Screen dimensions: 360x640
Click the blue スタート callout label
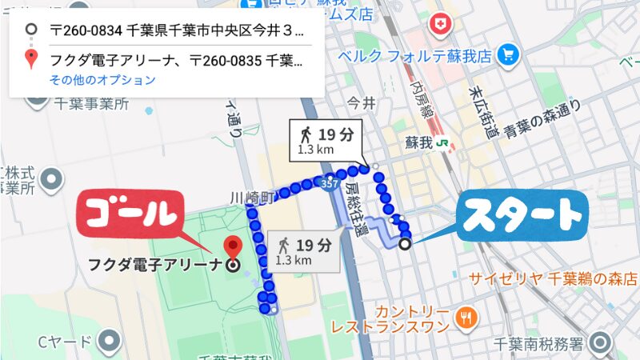(x=522, y=214)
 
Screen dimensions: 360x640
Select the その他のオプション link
(x=102, y=80)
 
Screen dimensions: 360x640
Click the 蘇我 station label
(x=418, y=143)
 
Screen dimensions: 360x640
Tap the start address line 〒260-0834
(x=176, y=31)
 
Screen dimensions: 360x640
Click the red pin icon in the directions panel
(x=31, y=58)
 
